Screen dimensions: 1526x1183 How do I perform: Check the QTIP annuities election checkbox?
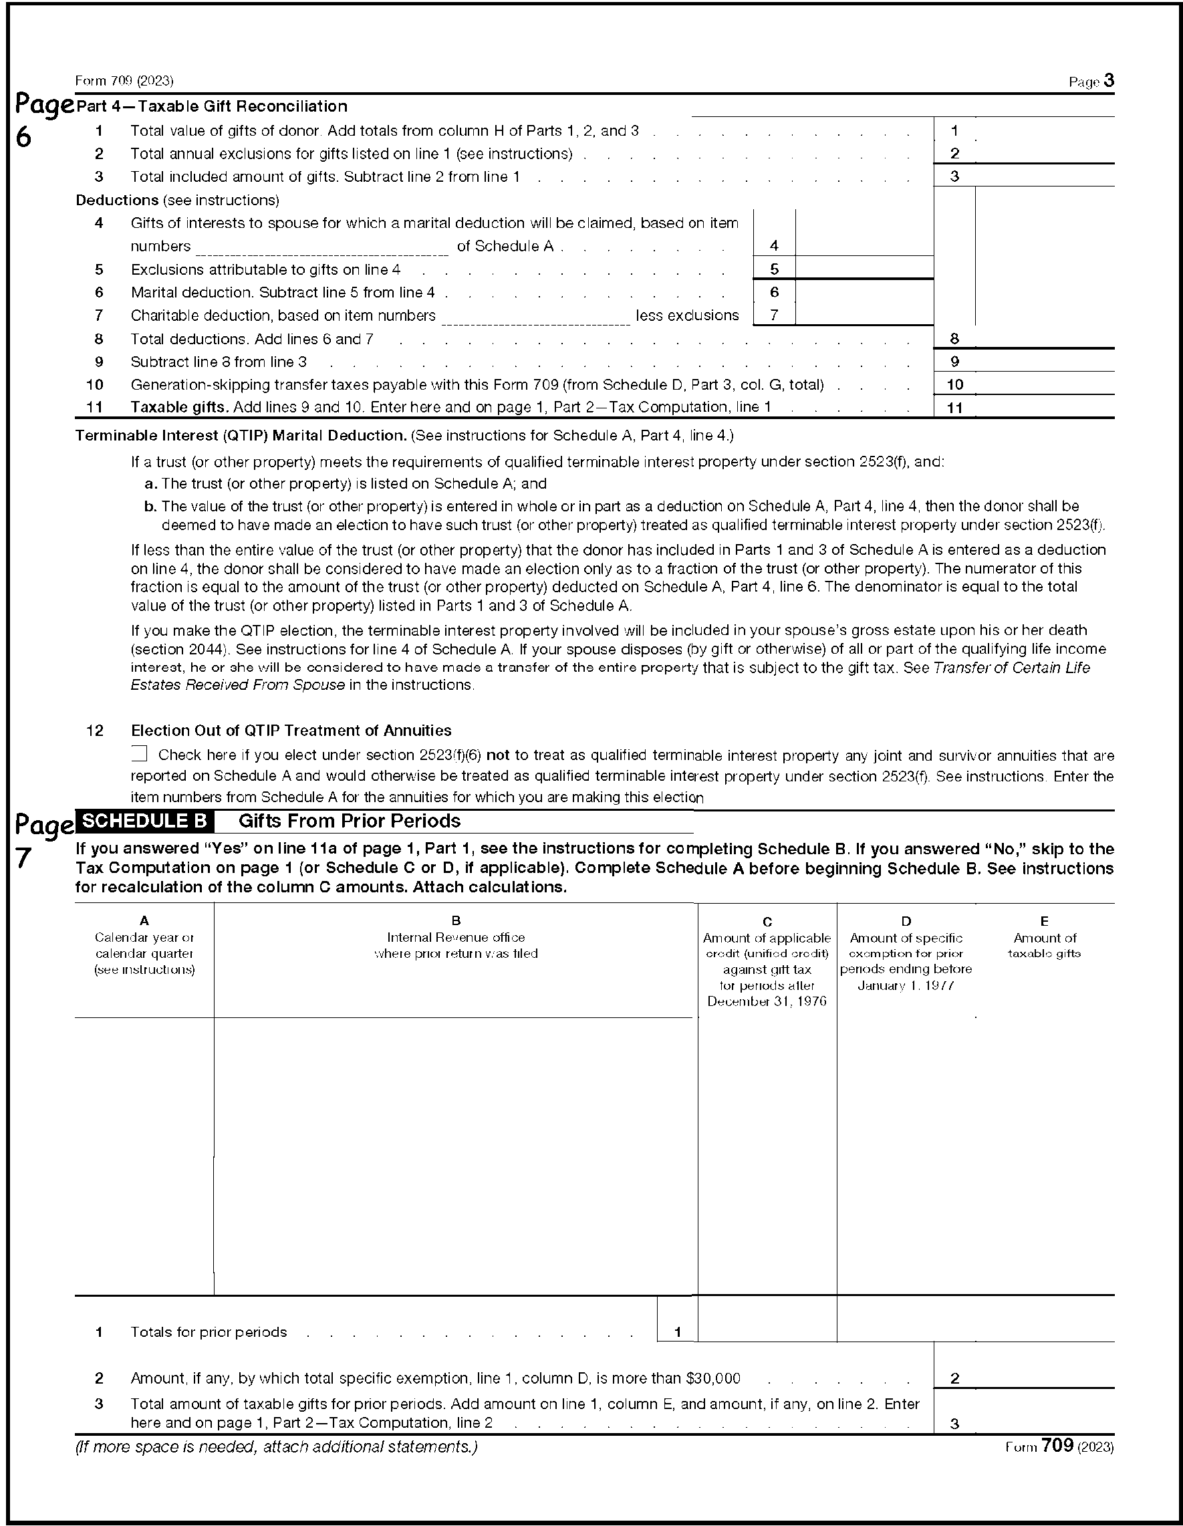pyautogui.click(x=140, y=753)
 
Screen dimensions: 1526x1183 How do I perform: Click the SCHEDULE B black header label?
pyautogui.click(x=144, y=821)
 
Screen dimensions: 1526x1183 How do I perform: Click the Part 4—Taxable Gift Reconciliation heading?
pyautogui.click(x=212, y=106)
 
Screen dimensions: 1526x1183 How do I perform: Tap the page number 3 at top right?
pyautogui.click(x=1109, y=81)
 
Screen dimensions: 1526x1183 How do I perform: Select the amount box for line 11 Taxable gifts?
pyautogui.click(x=1044, y=406)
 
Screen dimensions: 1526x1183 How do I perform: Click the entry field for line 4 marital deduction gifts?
pyautogui.click(x=864, y=245)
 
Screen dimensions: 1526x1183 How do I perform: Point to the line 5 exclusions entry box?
pyautogui.click(x=864, y=268)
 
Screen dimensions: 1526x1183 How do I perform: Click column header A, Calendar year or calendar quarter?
pyautogui.click(x=144, y=944)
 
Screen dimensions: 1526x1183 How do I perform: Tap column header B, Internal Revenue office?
pyautogui.click(x=456, y=938)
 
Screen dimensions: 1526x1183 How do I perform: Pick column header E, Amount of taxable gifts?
pyautogui.click(x=1044, y=938)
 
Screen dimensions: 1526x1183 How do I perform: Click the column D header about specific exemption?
pyautogui.click(x=906, y=953)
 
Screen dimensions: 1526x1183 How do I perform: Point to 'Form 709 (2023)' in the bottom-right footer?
pyautogui.click(x=1059, y=1446)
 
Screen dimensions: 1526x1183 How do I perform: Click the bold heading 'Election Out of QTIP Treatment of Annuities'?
pyautogui.click(x=291, y=730)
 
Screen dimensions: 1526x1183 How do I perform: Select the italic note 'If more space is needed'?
pyautogui.click(x=276, y=1446)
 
